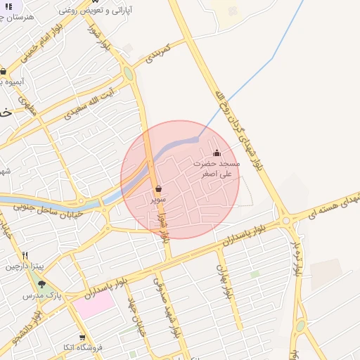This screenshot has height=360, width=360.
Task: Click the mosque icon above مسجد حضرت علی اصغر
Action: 217,153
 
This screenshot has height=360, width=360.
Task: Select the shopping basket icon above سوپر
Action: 158,189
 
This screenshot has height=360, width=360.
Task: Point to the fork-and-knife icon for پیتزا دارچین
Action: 25,256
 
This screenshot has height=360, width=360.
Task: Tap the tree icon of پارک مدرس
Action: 41,284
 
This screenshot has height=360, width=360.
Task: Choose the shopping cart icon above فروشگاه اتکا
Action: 82,337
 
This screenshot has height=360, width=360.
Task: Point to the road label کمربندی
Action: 158,53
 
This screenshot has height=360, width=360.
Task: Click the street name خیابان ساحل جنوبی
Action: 51,210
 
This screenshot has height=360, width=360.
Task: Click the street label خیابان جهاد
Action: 136,314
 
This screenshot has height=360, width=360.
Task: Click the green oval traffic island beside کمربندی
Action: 128,73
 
